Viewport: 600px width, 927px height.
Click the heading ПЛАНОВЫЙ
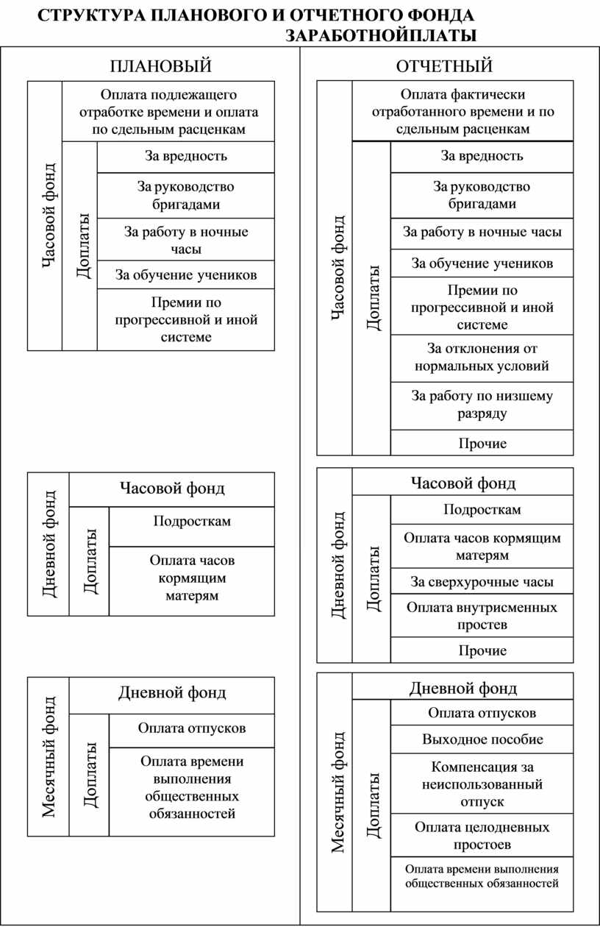pos(160,66)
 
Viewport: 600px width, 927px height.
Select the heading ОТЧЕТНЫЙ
pos(444,66)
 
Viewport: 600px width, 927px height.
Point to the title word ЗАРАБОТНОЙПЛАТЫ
pos(380,36)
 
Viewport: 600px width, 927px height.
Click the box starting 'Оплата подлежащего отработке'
pos(168,112)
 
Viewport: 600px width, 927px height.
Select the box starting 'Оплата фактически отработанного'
pos(463,112)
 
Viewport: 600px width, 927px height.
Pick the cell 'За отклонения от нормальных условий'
pos(482,358)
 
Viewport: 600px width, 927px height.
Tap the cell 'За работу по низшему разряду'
pos(482,405)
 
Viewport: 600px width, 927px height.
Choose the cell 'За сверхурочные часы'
pos(482,582)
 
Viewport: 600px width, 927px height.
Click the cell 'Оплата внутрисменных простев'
pos(482,616)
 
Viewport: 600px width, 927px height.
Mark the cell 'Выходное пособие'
pos(482,739)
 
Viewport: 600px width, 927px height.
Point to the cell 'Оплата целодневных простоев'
pos(482,835)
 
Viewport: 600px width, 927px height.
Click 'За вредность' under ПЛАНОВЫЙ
pos(186,156)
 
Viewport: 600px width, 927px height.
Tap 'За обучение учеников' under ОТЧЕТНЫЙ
pos(482,263)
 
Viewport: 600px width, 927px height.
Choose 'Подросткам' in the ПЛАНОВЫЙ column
pos(192,521)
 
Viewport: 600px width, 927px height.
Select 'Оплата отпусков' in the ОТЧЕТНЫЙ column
pos(482,712)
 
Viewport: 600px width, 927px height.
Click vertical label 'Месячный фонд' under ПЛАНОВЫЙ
pos(49,756)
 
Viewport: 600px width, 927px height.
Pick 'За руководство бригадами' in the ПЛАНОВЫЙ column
pos(186,195)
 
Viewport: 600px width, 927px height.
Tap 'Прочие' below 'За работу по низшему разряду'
pos(482,443)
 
